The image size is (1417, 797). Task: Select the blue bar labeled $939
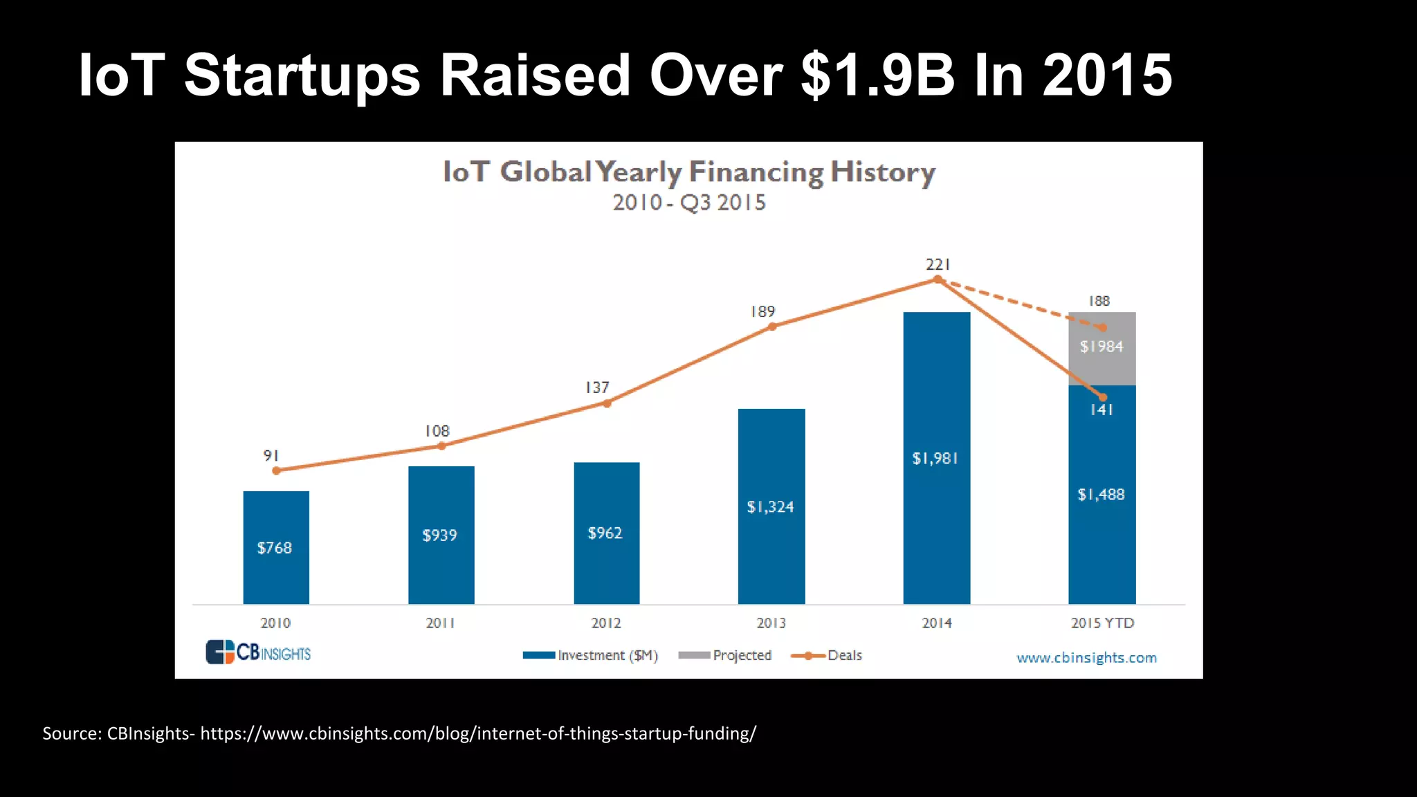click(441, 534)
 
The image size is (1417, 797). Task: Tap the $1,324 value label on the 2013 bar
click(770, 507)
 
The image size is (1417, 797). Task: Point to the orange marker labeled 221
click(938, 280)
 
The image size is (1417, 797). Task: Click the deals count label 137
click(597, 387)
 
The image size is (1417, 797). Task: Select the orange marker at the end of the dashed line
click(1103, 327)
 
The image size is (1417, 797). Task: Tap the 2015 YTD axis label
click(1102, 623)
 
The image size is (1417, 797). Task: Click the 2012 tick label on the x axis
click(606, 623)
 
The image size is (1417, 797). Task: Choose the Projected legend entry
click(726, 655)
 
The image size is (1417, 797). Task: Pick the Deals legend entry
click(828, 655)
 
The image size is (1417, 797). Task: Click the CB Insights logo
click(258, 652)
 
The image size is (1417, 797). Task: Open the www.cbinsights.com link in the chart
click(1086, 657)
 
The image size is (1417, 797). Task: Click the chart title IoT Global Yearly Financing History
click(688, 172)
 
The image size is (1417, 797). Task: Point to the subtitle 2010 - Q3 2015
click(688, 203)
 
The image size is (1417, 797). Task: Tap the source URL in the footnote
click(478, 733)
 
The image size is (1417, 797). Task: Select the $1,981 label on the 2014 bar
click(935, 458)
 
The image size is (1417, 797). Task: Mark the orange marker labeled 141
click(1103, 397)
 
